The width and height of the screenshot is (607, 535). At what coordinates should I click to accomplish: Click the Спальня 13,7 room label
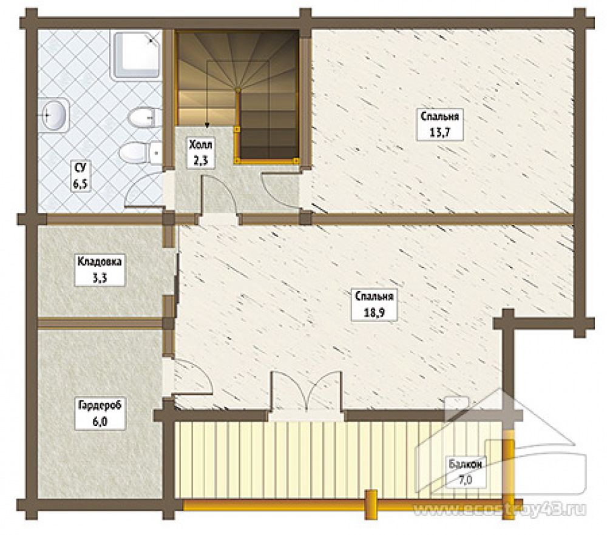click(x=439, y=124)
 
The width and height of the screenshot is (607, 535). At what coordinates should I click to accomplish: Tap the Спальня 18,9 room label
click(x=374, y=305)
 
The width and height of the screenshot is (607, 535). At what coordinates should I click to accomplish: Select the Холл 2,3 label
click(x=200, y=152)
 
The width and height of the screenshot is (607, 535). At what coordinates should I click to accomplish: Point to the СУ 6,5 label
click(x=81, y=176)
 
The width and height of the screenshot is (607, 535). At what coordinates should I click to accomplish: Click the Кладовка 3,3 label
click(x=100, y=270)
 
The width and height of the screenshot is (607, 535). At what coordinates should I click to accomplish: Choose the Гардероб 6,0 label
click(x=100, y=414)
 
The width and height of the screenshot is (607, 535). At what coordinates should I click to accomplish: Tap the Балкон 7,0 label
click(x=466, y=473)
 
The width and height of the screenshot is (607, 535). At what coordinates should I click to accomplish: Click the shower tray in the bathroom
click(x=137, y=55)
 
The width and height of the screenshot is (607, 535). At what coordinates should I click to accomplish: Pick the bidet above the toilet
click(x=144, y=118)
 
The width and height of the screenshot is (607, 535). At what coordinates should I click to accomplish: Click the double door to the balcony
click(x=306, y=391)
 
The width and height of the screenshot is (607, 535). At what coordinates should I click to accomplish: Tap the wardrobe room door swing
click(x=192, y=377)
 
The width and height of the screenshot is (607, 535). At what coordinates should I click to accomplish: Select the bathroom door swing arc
click(x=143, y=190)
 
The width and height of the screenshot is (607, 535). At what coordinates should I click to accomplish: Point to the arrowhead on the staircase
click(x=207, y=126)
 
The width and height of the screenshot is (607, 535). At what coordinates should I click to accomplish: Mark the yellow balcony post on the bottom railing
click(x=371, y=505)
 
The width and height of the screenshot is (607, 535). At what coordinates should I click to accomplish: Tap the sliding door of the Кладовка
click(x=177, y=278)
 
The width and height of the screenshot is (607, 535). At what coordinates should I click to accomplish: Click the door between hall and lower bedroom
click(x=220, y=194)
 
